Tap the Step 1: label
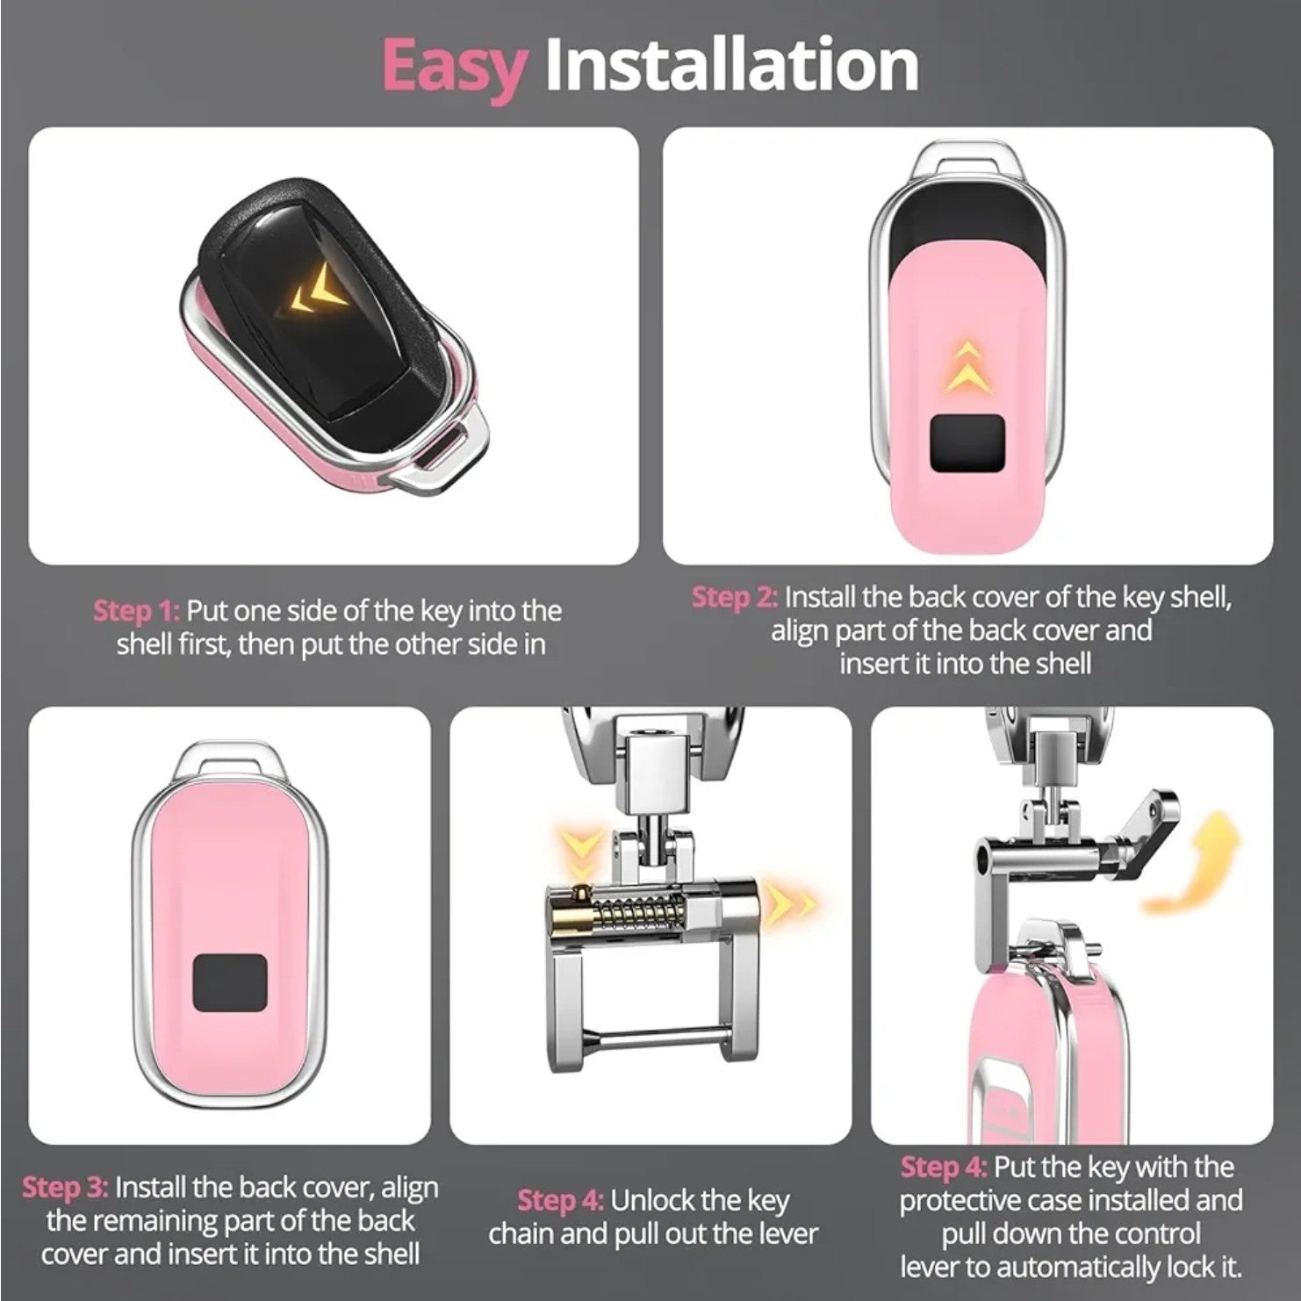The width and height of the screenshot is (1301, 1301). click(136, 611)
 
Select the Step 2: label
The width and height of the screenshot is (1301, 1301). click(735, 597)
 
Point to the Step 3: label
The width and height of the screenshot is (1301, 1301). click(66, 1188)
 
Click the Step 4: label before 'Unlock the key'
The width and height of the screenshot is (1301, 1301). click(560, 1200)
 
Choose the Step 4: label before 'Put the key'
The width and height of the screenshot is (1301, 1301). click(945, 1167)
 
